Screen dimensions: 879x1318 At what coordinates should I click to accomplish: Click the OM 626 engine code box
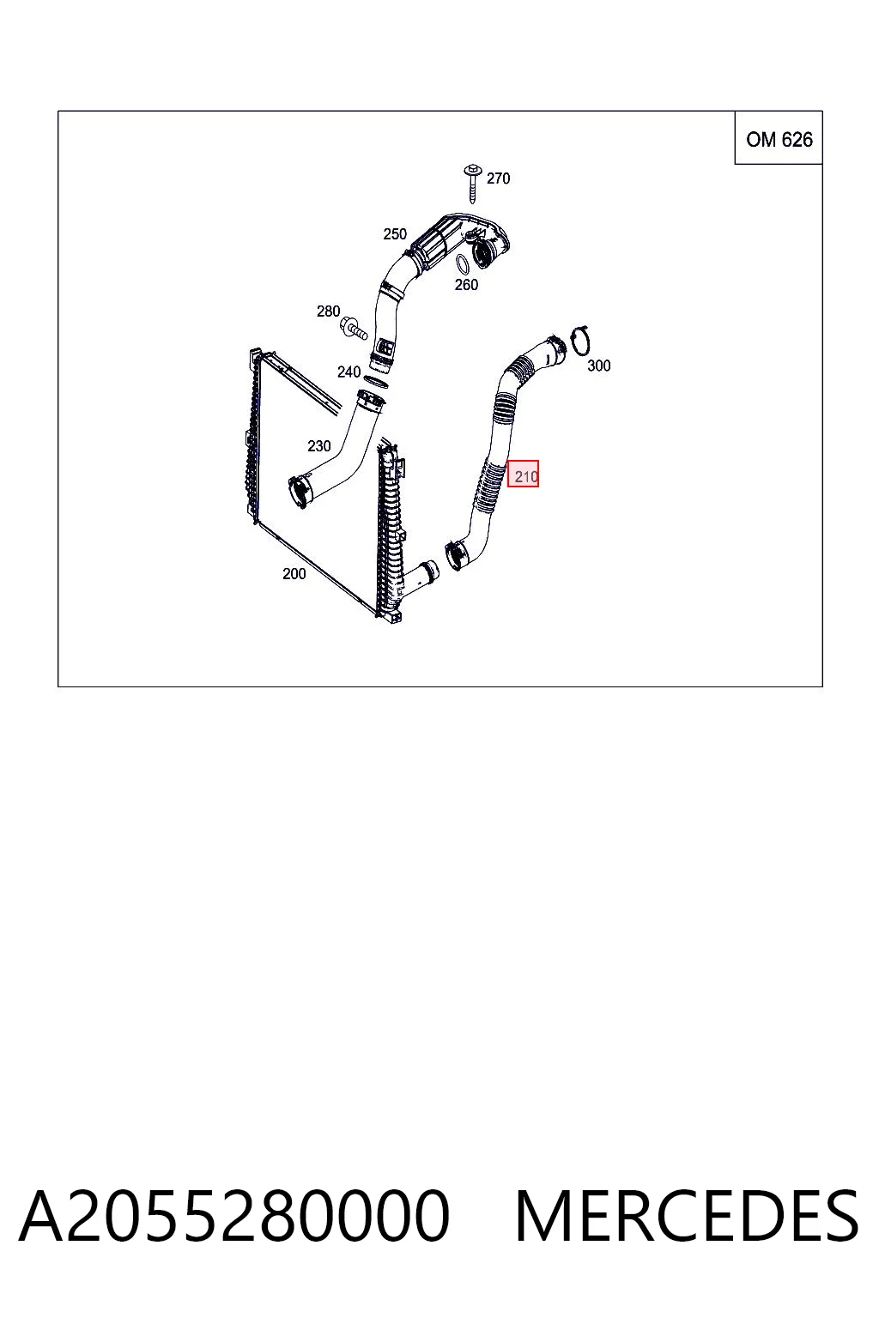779,137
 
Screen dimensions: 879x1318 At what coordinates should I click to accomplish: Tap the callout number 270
498,178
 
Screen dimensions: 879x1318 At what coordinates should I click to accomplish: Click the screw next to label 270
472,184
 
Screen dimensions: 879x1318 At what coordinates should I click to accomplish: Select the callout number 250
395,234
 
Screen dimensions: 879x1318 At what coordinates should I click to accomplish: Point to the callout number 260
466,285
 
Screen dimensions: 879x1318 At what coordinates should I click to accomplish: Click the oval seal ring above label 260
464,263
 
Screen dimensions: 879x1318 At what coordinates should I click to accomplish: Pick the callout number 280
328,311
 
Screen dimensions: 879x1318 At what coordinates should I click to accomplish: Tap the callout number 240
349,372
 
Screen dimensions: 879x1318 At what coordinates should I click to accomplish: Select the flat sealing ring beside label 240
376,381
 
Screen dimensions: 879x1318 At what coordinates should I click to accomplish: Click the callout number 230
318,446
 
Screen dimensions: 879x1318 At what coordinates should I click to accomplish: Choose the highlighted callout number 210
524,474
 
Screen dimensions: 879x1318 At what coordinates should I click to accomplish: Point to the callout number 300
598,366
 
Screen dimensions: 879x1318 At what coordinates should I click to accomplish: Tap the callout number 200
294,574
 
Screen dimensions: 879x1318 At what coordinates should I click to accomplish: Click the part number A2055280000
234,1215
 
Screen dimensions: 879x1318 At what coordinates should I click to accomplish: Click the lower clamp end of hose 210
457,555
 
